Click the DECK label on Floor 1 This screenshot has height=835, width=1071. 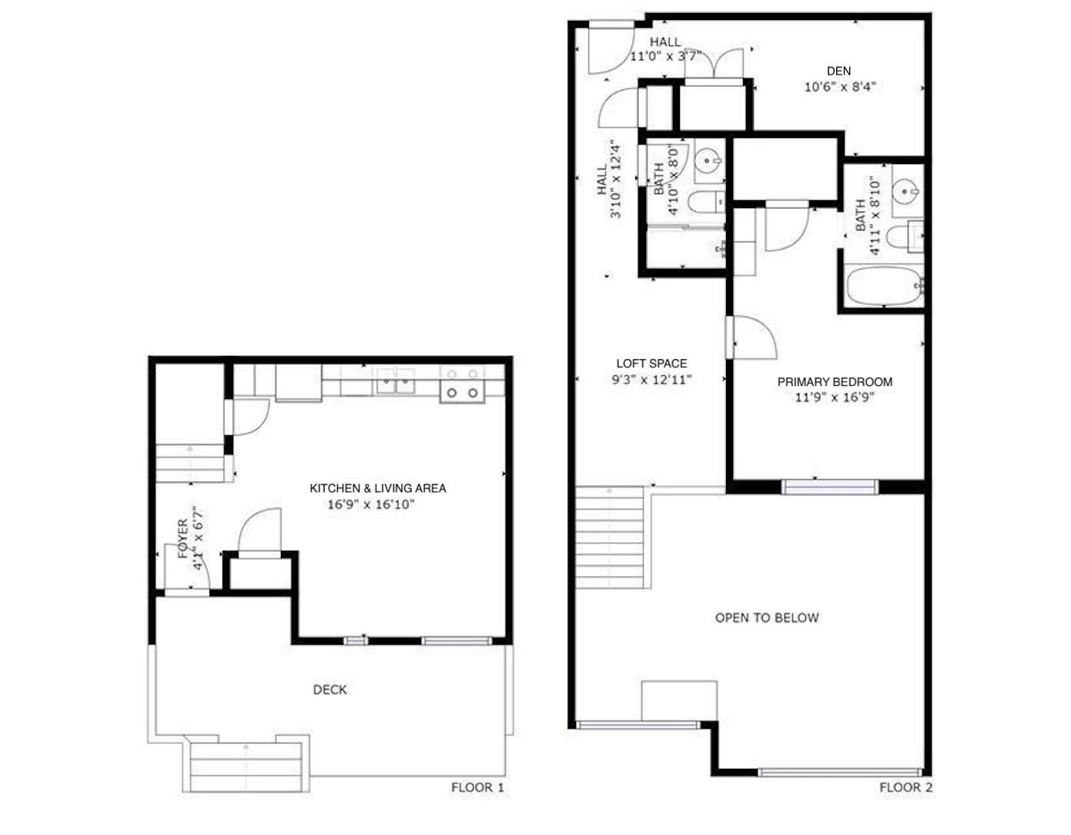coord(330,689)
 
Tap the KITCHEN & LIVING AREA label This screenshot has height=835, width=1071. coord(377,488)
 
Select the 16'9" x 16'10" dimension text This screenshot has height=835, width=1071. coord(370,505)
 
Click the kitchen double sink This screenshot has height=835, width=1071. coord(395,382)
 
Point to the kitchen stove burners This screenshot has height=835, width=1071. coord(462,384)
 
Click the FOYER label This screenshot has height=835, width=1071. coord(182,538)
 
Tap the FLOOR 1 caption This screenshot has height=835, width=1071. coord(477,787)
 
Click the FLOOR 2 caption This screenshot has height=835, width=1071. coord(906,787)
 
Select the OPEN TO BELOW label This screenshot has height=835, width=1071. coord(767,618)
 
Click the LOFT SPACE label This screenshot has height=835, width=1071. coord(651,364)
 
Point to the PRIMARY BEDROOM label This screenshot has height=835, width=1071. coord(835,381)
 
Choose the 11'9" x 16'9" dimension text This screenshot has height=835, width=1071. coord(835,397)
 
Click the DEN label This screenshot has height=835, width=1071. coord(838,71)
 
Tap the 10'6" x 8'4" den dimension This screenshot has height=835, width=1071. coord(840,87)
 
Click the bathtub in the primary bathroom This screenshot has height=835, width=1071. coord(885,286)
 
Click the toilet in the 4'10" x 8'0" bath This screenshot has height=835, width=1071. coord(706,202)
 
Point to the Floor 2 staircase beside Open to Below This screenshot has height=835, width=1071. coord(610,537)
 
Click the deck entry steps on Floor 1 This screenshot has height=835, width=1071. coord(246,767)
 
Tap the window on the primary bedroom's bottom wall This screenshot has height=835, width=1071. coord(830,487)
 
